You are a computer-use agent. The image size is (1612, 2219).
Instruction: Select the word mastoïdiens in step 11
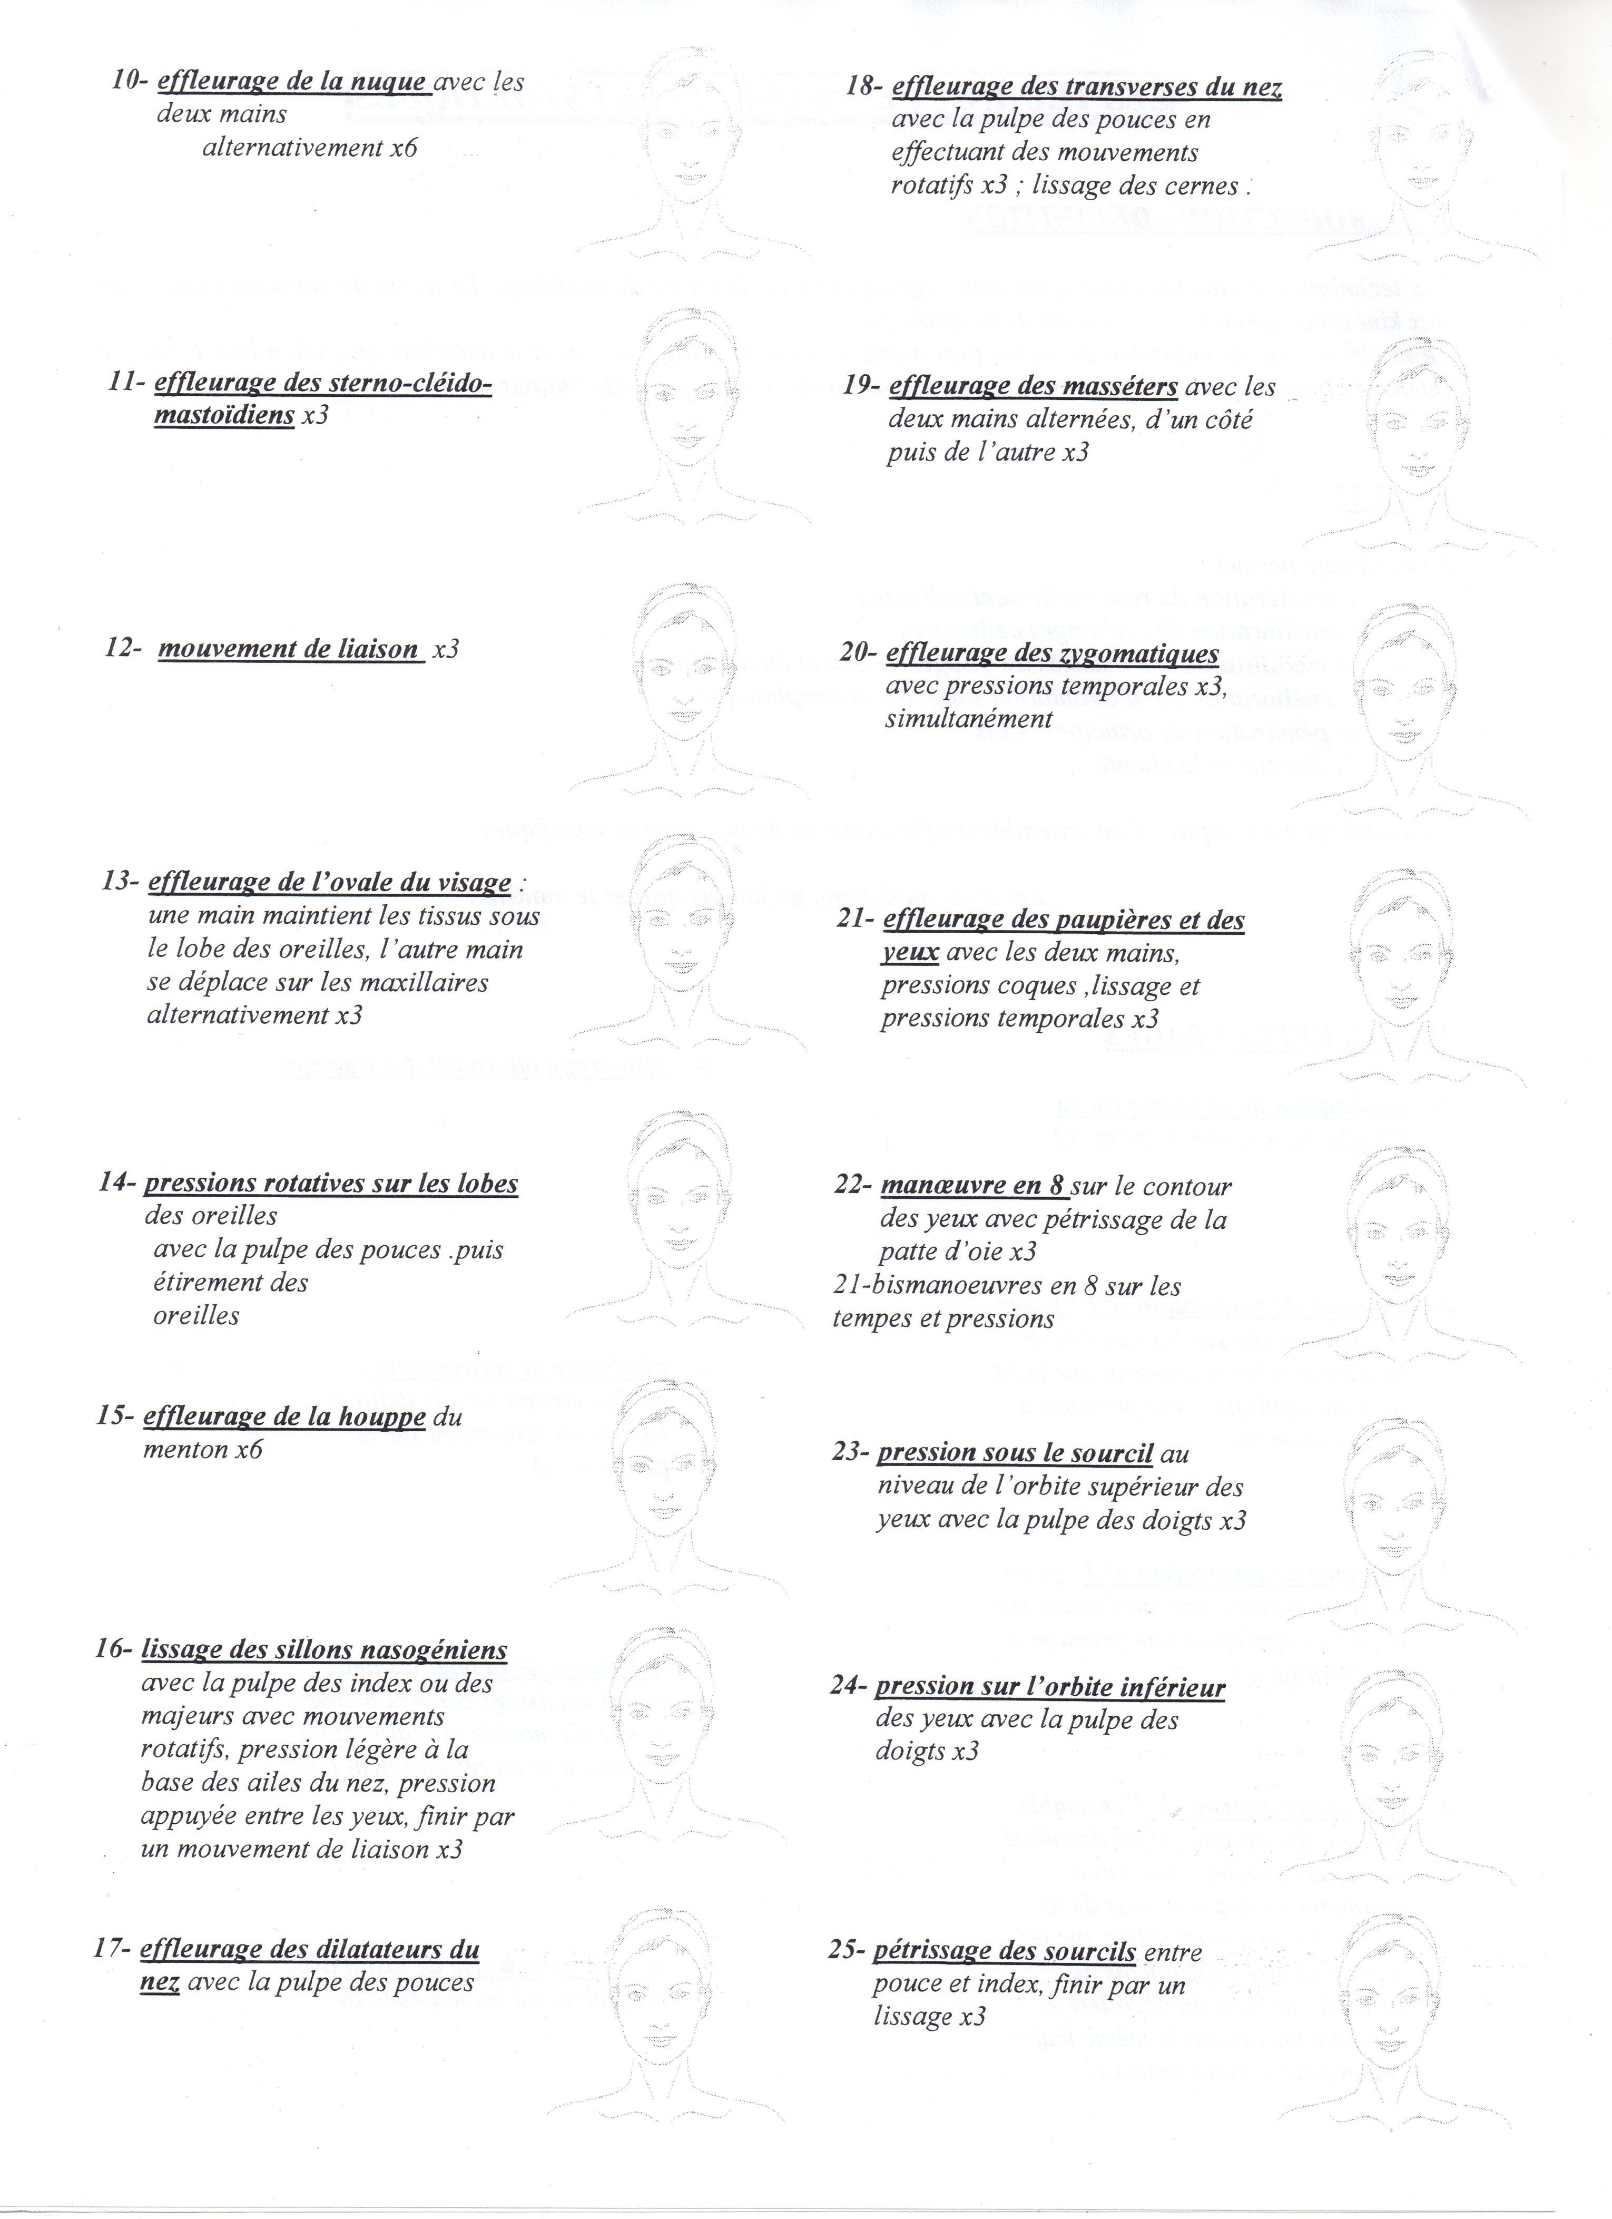click(x=224, y=415)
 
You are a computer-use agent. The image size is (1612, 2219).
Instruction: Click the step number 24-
click(x=847, y=1688)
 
